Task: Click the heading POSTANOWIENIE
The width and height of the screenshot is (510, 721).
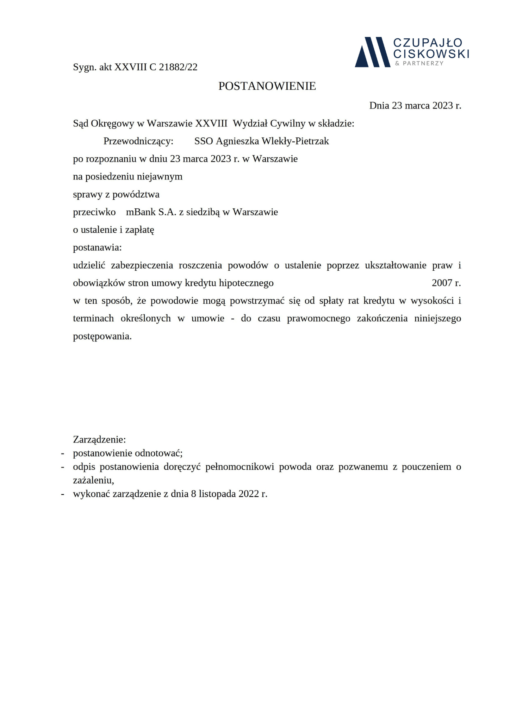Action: click(267, 86)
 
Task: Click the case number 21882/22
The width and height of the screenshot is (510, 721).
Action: click(178, 67)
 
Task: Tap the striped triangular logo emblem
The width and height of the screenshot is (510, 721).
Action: click(372, 52)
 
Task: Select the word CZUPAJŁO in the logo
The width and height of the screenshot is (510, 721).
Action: click(428, 43)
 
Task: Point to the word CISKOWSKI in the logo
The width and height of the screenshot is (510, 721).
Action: click(431, 54)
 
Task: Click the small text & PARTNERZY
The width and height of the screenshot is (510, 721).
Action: click(419, 63)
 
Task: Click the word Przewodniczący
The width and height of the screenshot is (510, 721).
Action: click(138, 141)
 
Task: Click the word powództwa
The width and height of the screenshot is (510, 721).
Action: click(139, 194)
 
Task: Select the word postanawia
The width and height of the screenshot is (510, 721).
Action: click(97, 247)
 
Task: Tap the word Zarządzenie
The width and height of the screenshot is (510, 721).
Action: click(99, 440)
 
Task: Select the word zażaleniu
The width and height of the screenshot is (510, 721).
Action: click(93, 480)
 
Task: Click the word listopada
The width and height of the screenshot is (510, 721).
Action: click(217, 494)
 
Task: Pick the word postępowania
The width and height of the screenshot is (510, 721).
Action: click(102, 336)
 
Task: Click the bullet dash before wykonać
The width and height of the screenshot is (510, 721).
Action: click(63, 494)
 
